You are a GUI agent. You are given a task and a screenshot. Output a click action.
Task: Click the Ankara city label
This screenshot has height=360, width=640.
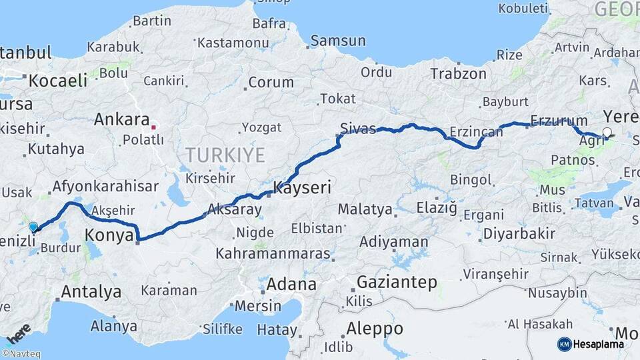(x=121, y=120)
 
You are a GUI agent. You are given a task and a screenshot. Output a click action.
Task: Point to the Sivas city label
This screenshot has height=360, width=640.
(x=358, y=129)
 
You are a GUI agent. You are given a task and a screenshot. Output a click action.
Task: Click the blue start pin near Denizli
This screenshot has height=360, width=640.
(x=33, y=227)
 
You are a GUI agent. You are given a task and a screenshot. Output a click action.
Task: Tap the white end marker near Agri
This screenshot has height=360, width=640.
(x=607, y=132)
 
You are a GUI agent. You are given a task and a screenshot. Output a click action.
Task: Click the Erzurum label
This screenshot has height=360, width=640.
(x=559, y=121)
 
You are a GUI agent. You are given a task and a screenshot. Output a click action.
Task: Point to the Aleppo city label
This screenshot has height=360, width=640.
(x=375, y=329)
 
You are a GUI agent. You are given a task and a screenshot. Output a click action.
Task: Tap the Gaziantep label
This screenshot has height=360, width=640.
(x=397, y=282)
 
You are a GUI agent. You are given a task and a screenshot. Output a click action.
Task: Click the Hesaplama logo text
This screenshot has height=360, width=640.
(x=600, y=344)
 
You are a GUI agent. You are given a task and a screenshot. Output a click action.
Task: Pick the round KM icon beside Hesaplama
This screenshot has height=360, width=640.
(x=564, y=344)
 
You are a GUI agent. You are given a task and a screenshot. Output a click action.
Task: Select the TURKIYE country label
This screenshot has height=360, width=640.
(x=225, y=155)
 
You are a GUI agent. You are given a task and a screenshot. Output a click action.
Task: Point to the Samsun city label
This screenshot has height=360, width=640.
(x=338, y=41)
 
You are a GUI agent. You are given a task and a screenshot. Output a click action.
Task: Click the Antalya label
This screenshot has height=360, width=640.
(x=91, y=292)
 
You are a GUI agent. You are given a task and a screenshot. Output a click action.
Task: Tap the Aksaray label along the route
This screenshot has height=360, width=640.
(x=234, y=209)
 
